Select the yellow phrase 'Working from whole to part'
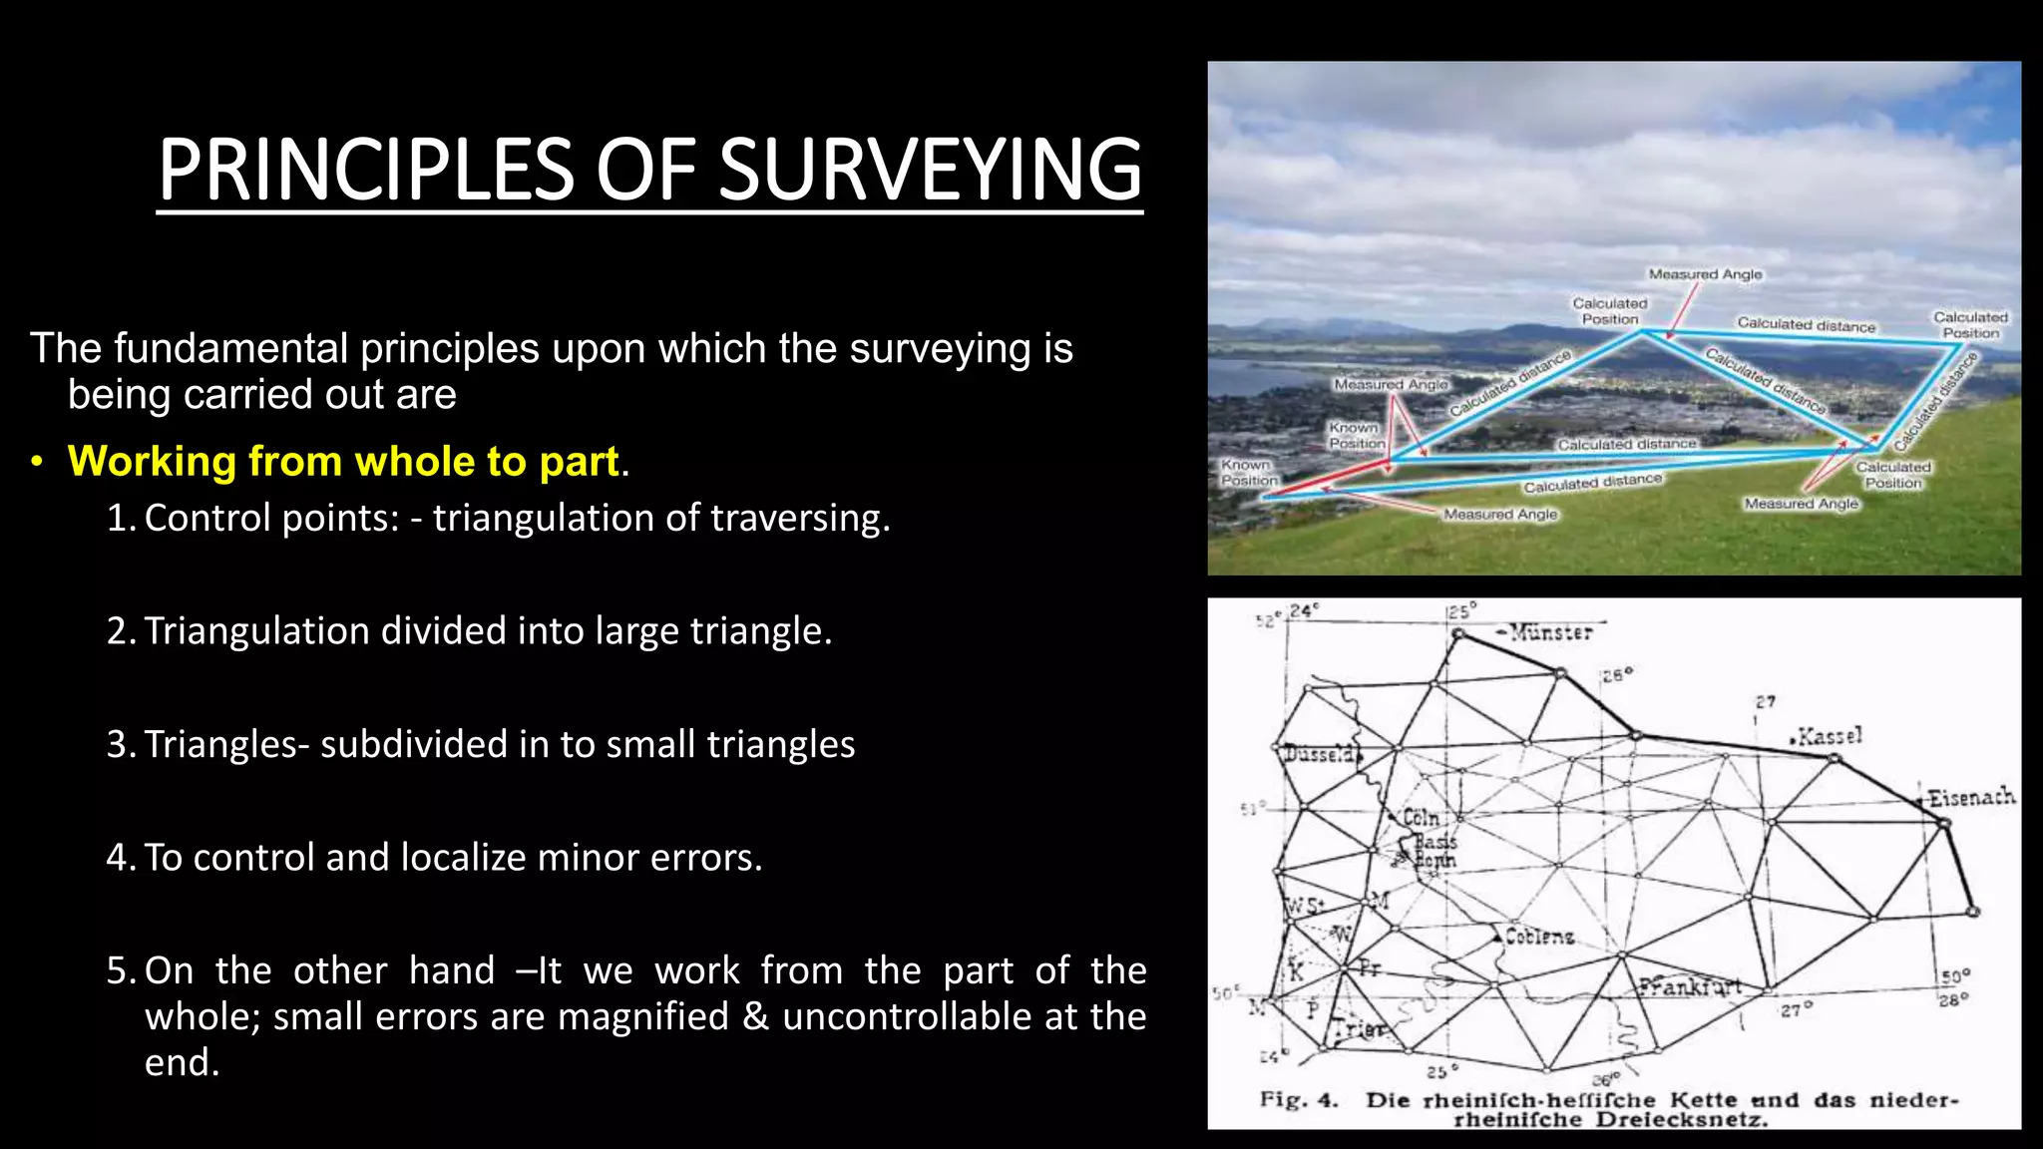click(x=343, y=462)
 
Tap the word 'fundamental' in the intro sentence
click(x=234, y=349)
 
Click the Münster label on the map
click(x=1551, y=632)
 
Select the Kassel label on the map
click(x=1829, y=737)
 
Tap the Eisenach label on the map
click(x=1971, y=798)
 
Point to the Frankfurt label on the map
click(x=1691, y=986)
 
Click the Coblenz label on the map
click(x=1540, y=937)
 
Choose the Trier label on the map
click(x=1360, y=1029)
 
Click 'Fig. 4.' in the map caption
click(x=1298, y=1100)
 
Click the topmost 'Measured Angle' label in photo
click(x=1705, y=274)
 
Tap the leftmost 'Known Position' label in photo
click(x=1249, y=473)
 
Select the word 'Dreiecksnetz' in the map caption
click(x=1681, y=1119)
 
